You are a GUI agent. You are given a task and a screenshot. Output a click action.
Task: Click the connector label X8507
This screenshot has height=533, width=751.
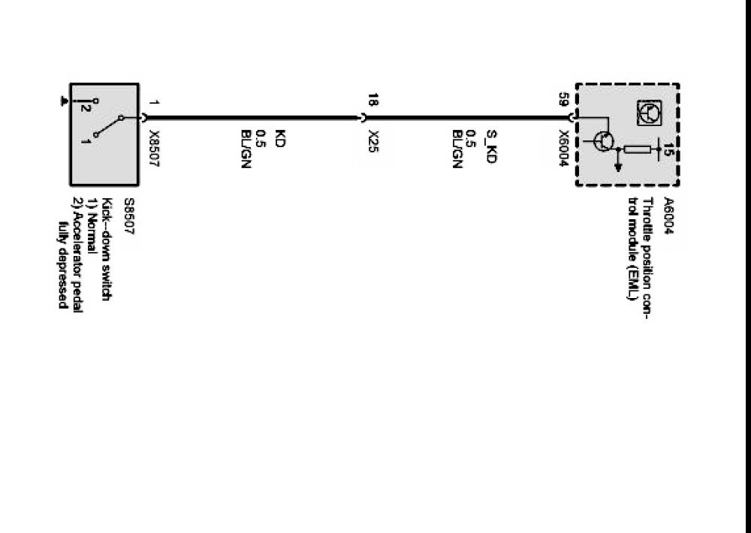(154, 149)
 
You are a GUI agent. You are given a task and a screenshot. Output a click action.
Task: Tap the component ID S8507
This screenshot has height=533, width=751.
(128, 218)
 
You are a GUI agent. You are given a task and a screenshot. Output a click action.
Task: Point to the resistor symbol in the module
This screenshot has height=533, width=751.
(637, 149)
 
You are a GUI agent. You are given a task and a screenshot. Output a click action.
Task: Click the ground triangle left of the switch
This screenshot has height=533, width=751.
(65, 100)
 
